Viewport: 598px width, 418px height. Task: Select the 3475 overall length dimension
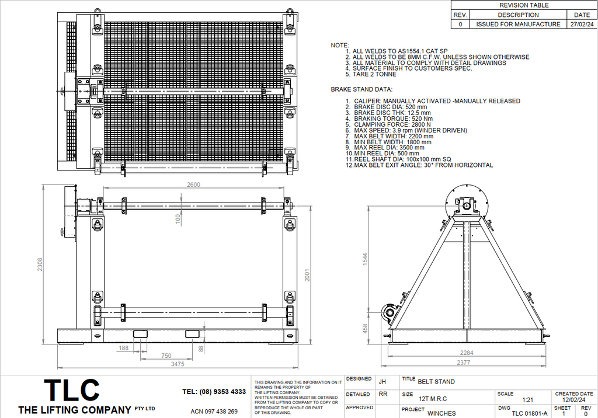pyautogui.click(x=178, y=364)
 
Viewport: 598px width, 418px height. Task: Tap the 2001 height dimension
pyautogui.click(x=308, y=276)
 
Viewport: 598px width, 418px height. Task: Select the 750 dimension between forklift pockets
pyautogui.click(x=166, y=356)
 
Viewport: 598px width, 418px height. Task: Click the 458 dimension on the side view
pyautogui.click(x=366, y=328)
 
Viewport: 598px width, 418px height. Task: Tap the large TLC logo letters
pyautogui.click(x=72, y=390)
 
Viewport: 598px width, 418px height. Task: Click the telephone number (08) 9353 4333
pyautogui.click(x=214, y=392)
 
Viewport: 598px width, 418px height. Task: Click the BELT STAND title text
pyautogui.click(x=436, y=382)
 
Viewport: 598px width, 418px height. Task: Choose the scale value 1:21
pyautogui.click(x=527, y=400)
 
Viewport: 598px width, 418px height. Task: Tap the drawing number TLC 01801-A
pyautogui.click(x=529, y=413)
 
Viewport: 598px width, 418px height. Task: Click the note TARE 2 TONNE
pyautogui.click(x=374, y=75)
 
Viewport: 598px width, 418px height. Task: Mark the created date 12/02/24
pyautogui.click(x=573, y=400)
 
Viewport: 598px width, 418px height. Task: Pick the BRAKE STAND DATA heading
pyautogui.click(x=361, y=89)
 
